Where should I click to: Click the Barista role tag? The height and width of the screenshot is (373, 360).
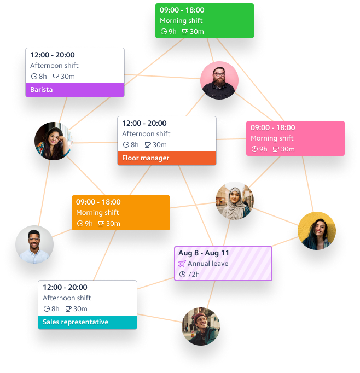pos(74,90)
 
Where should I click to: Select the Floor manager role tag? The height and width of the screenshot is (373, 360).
pos(167,158)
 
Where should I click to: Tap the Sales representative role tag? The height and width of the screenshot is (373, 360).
pos(87,322)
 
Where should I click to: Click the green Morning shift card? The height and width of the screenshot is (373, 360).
pos(204,21)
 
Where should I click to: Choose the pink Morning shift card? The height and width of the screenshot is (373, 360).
pos(295,138)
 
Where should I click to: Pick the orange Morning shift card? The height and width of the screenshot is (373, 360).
pos(120,212)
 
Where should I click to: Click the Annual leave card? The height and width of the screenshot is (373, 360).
pos(223,264)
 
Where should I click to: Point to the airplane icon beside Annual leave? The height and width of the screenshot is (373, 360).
pos(182,264)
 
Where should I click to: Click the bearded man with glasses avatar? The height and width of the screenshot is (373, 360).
pos(219,80)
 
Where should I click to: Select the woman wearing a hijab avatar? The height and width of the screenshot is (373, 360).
pos(235,201)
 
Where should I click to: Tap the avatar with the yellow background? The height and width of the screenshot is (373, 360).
pos(317,231)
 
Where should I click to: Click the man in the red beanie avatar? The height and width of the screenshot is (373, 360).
pos(200,326)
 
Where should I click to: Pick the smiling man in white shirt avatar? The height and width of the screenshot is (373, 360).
pos(34,244)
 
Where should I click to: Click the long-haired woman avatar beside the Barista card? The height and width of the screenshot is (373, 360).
pos(53,141)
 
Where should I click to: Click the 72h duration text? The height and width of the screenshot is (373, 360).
pos(193,274)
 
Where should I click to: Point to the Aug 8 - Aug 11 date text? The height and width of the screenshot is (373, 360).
pos(204,253)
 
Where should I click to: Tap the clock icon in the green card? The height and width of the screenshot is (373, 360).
pos(163,31)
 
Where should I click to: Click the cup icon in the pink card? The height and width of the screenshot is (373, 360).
pos(276,149)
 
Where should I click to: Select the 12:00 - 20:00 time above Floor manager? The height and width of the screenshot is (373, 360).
pos(144,124)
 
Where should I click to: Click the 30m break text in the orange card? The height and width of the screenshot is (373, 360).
pos(113,223)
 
